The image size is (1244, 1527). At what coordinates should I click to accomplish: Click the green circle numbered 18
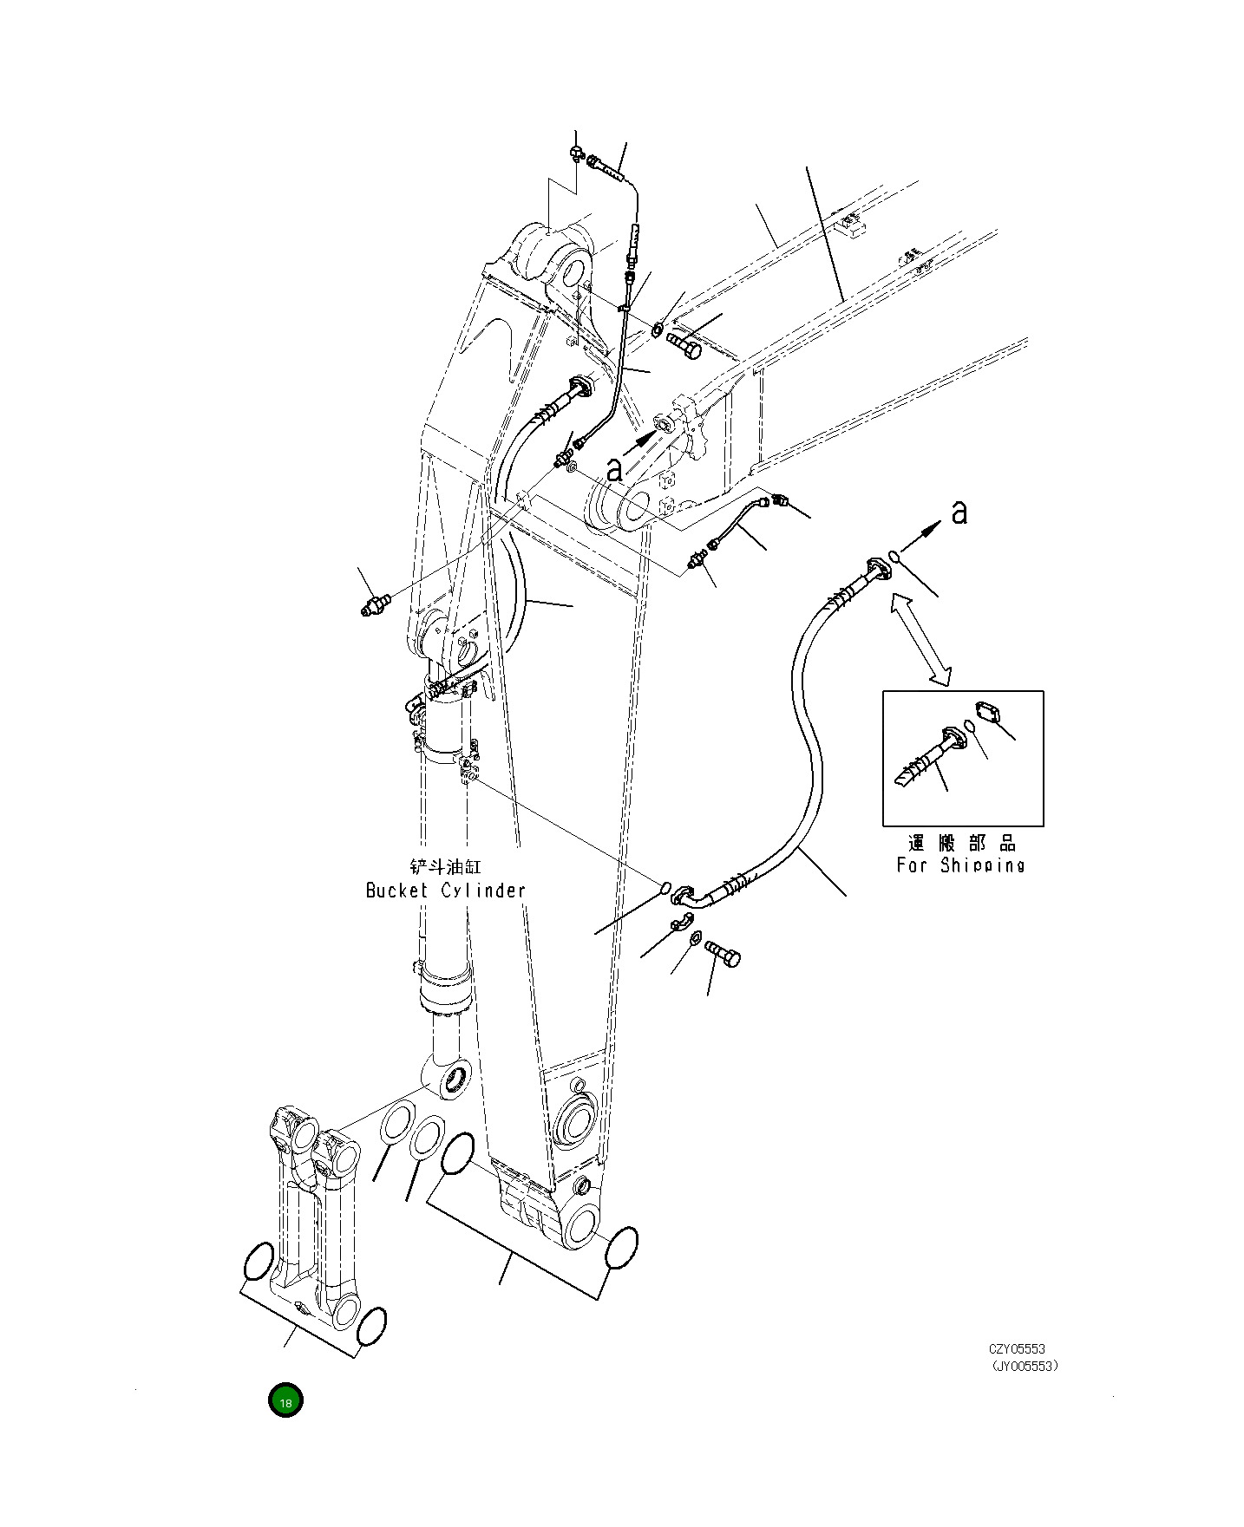tap(285, 1401)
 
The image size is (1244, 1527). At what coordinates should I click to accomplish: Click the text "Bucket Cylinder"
tap(446, 891)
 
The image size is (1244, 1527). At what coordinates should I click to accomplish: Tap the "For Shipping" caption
tap(960, 865)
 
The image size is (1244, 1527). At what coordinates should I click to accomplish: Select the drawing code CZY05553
tap(1017, 1349)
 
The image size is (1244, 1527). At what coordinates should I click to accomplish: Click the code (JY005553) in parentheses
tap(1025, 1367)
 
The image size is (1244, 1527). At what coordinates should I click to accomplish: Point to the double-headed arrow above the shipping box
tap(920, 639)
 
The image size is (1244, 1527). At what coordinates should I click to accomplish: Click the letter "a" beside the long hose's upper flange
tap(959, 512)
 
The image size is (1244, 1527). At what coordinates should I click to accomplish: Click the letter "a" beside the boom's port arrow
tap(614, 470)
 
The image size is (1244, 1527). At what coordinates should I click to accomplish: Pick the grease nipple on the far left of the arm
tap(375, 604)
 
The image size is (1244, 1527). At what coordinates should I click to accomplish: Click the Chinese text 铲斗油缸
tap(445, 866)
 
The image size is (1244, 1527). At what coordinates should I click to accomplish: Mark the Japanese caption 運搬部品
tap(961, 843)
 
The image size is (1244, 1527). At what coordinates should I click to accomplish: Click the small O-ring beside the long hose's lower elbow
tap(665, 887)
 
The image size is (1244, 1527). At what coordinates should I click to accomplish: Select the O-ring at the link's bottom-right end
tap(370, 1328)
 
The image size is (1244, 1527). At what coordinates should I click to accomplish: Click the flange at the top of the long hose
tap(877, 568)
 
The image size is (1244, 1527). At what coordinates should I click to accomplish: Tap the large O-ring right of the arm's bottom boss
tap(621, 1248)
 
